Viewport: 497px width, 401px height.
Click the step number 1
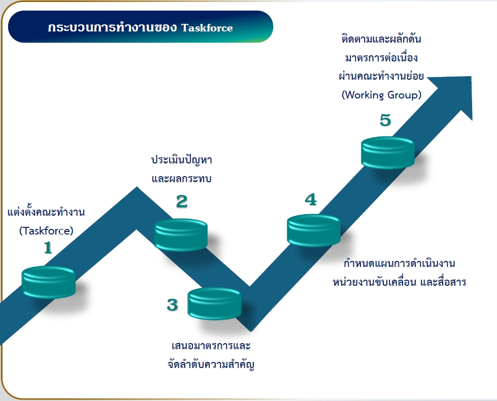[48, 248]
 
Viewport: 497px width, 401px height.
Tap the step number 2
[182, 202]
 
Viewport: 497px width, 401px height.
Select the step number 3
[172, 305]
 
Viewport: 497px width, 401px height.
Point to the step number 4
[311, 199]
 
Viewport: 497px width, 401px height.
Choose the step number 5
[385, 120]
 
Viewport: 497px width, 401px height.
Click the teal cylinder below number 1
[49, 282]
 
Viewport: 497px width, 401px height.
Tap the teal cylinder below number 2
[181, 235]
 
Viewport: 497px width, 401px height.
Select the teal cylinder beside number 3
[215, 304]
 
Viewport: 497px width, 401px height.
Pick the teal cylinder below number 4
[313, 230]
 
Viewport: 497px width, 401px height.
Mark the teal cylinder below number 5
[388, 152]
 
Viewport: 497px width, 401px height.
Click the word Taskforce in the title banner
[207, 28]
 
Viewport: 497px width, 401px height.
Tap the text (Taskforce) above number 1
[46, 230]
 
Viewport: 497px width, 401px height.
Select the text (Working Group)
[381, 95]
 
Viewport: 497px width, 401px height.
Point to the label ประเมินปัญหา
[182, 159]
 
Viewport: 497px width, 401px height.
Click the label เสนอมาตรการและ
[211, 346]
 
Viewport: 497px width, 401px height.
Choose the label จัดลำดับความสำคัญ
[211, 364]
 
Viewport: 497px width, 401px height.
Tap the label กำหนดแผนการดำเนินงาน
[400, 263]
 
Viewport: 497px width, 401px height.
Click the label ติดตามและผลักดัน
[381, 39]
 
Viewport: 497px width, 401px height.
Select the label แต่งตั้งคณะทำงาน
[46, 212]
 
